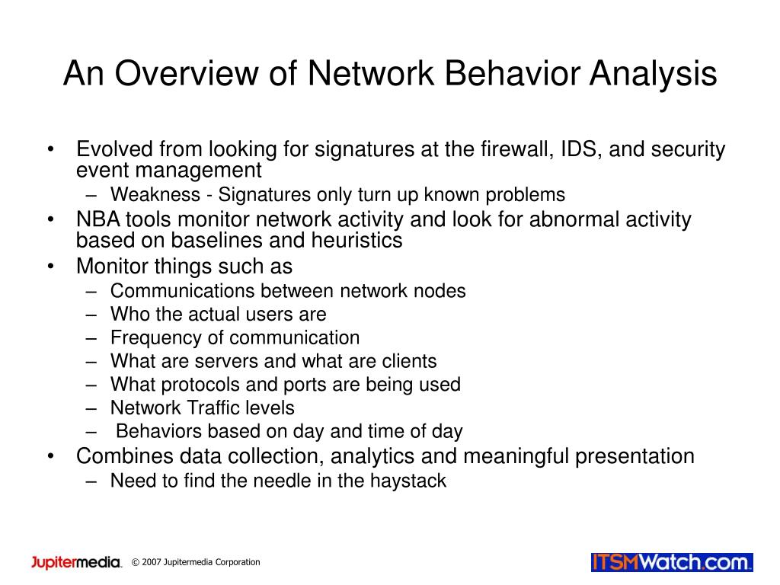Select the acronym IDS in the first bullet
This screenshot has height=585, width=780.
click(582, 149)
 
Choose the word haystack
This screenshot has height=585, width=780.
click(408, 481)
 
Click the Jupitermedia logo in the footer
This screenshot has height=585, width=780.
click(76, 562)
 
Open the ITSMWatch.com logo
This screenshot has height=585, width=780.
click(672, 563)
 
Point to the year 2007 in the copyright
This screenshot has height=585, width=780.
click(154, 563)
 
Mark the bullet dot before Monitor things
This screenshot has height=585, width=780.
click(50, 267)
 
